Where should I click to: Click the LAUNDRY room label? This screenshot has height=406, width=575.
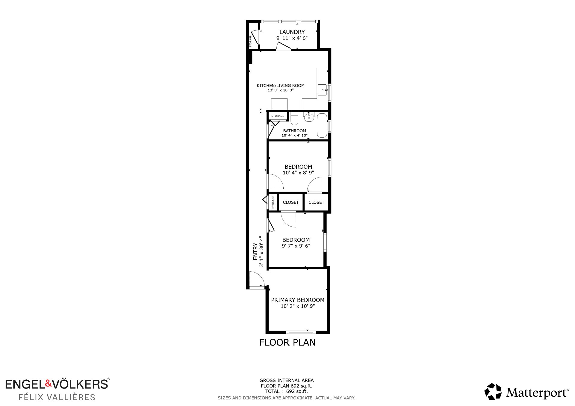tap(292, 32)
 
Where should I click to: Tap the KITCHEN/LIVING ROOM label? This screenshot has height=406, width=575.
tap(281, 86)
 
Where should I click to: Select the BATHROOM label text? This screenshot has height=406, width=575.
tap(295, 131)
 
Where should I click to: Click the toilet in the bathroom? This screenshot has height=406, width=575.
tap(294, 118)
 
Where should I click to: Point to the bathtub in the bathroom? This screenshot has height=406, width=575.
tap(322, 126)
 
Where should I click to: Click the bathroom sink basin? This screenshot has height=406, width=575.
tap(309, 118)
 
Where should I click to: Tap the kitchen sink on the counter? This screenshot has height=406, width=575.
tap(322, 90)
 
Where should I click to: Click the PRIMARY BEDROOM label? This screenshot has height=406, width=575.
tap(298, 300)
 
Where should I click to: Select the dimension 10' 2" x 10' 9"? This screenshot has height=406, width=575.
tap(298, 306)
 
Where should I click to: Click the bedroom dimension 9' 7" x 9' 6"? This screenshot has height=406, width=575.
tap(296, 246)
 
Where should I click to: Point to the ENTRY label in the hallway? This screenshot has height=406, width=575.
tap(255, 251)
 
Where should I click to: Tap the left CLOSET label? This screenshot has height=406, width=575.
tap(291, 202)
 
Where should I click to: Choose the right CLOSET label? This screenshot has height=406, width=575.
tap(316, 202)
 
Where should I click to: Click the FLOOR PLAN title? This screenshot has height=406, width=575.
tap(287, 342)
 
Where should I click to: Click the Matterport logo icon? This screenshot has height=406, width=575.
tap(493, 392)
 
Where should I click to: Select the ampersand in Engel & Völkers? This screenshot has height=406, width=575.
tap(49, 383)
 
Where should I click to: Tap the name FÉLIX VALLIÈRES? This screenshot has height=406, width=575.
tap(57, 397)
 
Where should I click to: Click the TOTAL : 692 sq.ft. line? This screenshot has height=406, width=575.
tap(286, 391)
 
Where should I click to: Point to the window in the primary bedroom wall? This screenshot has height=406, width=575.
tap(301, 332)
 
